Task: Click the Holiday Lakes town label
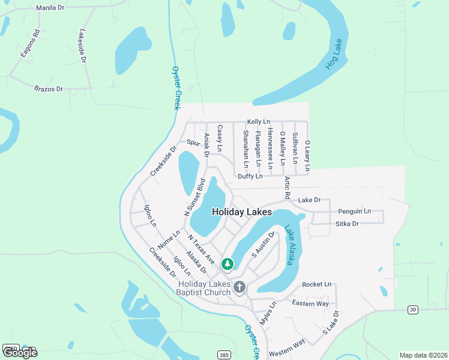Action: click(x=241, y=212)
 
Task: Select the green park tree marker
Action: click(x=228, y=263)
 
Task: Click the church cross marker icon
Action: click(x=240, y=287)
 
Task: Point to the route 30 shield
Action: click(x=412, y=309)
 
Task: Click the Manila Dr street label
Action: click(x=50, y=8)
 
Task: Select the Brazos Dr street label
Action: click(x=49, y=89)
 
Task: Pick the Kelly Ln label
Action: click(x=259, y=122)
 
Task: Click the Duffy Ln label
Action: click(x=250, y=176)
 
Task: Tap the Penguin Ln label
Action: click(x=354, y=211)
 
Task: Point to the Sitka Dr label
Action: click(x=347, y=224)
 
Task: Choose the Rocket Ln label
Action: click(x=316, y=284)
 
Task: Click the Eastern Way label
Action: click(x=310, y=304)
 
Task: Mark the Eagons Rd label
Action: click(x=29, y=43)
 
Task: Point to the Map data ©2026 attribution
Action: click(x=423, y=355)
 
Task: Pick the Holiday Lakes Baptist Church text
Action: click(x=204, y=288)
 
